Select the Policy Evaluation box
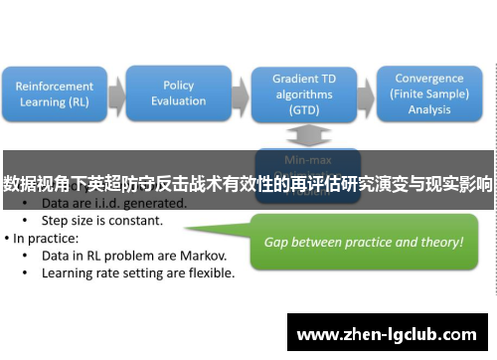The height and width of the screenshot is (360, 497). click(178, 92)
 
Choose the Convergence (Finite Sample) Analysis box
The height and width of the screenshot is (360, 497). click(427, 92)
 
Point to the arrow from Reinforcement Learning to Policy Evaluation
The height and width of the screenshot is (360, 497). click(117, 94)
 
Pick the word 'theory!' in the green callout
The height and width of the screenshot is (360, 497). click(440, 242)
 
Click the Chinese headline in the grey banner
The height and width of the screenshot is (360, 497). click(248, 184)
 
